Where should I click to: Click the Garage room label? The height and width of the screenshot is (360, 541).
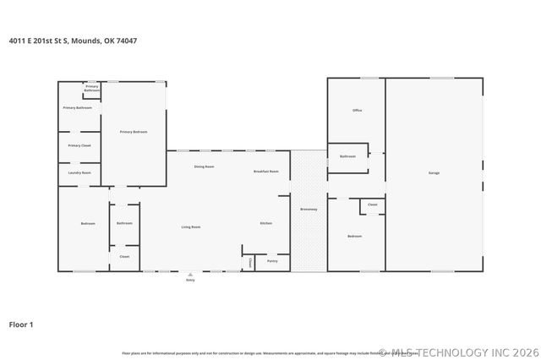(x=434, y=173)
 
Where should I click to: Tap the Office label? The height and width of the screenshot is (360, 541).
(x=357, y=111)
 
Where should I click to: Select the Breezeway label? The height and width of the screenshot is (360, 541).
(x=309, y=209)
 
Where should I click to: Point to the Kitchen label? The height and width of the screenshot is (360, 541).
(x=266, y=223)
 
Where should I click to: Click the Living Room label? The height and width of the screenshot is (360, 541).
(x=190, y=226)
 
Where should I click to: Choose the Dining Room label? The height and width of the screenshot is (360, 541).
(x=204, y=166)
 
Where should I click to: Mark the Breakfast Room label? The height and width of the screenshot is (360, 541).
(x=266, y=172)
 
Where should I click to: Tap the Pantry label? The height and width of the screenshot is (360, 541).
(x=271, y=261)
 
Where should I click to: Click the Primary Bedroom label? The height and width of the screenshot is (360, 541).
(x=134, y=132)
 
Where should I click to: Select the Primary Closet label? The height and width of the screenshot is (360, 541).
(x=79, y=145)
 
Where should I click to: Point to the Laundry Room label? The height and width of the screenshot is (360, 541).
(x=79, y=173)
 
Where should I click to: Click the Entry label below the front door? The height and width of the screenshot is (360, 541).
(x=190, y=280)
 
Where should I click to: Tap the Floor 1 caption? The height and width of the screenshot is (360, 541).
(x=21, y=324)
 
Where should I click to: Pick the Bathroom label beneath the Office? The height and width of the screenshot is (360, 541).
(x=347, y=156)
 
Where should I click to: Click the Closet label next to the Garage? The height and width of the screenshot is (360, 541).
(x=372, y=205)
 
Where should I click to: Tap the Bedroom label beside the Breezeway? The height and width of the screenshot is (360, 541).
(x=355, y=236)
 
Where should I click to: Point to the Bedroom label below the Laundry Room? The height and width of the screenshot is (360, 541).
(x=88, y=223)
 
